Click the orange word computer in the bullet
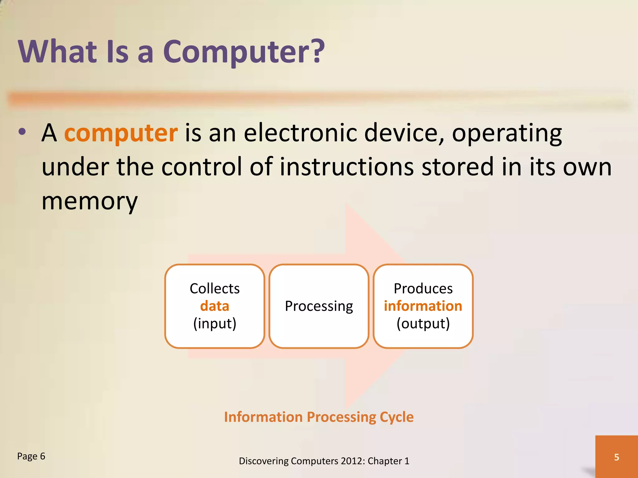point(121,133)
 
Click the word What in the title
point(58,51)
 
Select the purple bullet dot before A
point(22,132)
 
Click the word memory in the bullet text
point(89,201)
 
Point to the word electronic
point(300,133)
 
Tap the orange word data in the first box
point(215,306)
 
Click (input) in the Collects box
point(215,324)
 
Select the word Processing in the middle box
point(319,306)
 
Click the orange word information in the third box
point(423,306)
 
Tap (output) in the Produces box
point(423,324)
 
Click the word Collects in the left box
point(215,288)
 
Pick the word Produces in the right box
point(423,288)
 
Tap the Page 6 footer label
point(31,456)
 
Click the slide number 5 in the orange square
point(617,457)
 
